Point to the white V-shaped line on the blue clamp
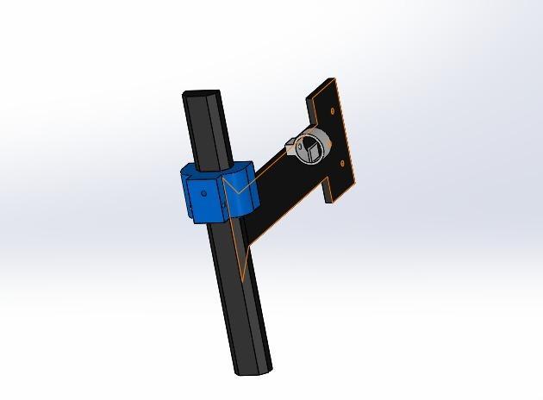click(234, 184)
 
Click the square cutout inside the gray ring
click(310, 153)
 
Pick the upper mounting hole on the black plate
click(333, 113)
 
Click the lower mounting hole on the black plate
click(342, 161)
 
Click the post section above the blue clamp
click(209, 129)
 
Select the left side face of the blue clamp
click(185, 197)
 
